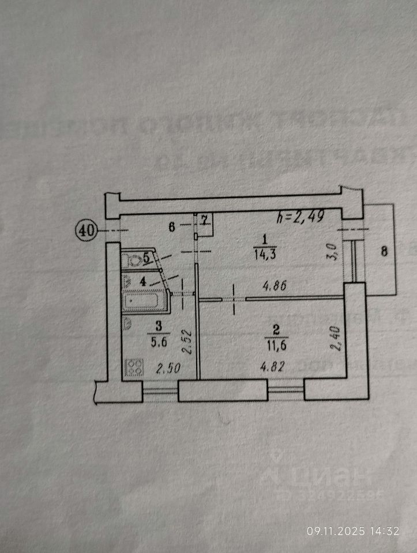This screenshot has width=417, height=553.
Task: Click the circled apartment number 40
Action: pos(86,230)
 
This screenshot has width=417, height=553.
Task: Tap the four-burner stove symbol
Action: pos(134,367)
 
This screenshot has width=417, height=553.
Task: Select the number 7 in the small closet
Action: pos(205,219)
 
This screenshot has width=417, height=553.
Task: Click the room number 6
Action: pos(171,226)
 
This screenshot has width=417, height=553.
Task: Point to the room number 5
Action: pos(147,258)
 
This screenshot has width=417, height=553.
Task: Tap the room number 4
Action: pos(143,282)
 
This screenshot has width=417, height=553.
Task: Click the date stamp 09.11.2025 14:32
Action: pos(352,531)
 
